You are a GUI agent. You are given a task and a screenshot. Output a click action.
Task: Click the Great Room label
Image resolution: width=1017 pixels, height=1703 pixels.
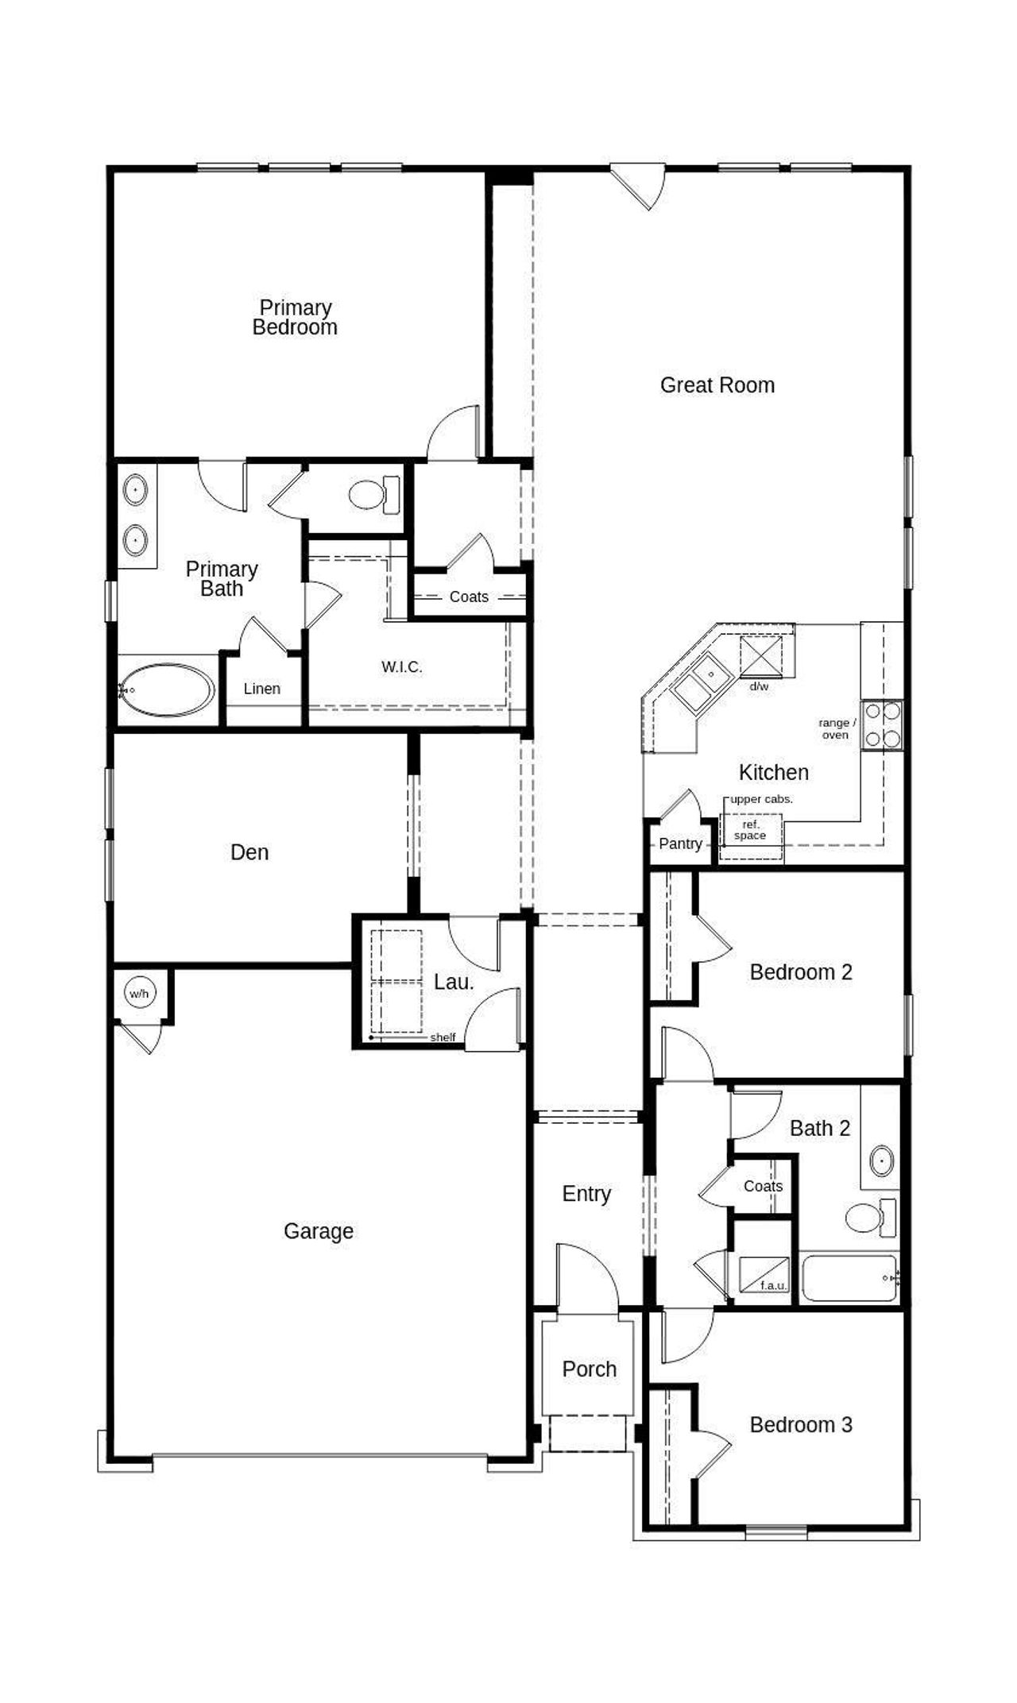[717, 385]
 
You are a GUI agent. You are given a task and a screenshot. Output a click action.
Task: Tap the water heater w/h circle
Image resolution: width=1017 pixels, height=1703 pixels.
[139, 994]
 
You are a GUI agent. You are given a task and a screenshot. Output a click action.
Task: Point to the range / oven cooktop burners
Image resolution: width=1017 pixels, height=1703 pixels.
[884, 724]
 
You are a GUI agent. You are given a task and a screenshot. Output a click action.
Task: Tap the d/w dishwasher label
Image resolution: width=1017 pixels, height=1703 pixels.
[759, 686]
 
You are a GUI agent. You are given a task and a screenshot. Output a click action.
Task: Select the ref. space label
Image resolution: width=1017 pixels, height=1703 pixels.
[750, 830]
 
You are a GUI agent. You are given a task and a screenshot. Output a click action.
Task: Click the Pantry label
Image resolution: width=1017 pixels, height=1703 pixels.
[680, 844]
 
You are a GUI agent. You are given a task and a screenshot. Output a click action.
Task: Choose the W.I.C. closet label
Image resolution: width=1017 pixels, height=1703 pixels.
[402, 667]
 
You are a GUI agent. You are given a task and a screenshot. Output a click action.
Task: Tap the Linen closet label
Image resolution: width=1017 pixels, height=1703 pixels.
[261, 689]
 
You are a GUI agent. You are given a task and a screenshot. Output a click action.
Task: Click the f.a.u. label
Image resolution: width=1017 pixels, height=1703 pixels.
[772, 1284]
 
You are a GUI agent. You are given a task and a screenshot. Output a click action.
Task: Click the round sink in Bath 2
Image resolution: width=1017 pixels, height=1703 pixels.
[881, 1160]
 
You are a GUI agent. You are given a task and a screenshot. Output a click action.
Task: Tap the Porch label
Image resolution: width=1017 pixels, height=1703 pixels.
[589, 1369]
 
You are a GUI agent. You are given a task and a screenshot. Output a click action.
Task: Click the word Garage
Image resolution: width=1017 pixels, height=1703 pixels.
[318, 1231]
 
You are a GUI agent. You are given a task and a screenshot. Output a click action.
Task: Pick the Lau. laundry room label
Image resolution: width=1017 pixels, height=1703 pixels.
[453, 982]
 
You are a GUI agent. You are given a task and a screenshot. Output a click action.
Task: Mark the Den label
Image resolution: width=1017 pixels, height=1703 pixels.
[249, 852]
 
